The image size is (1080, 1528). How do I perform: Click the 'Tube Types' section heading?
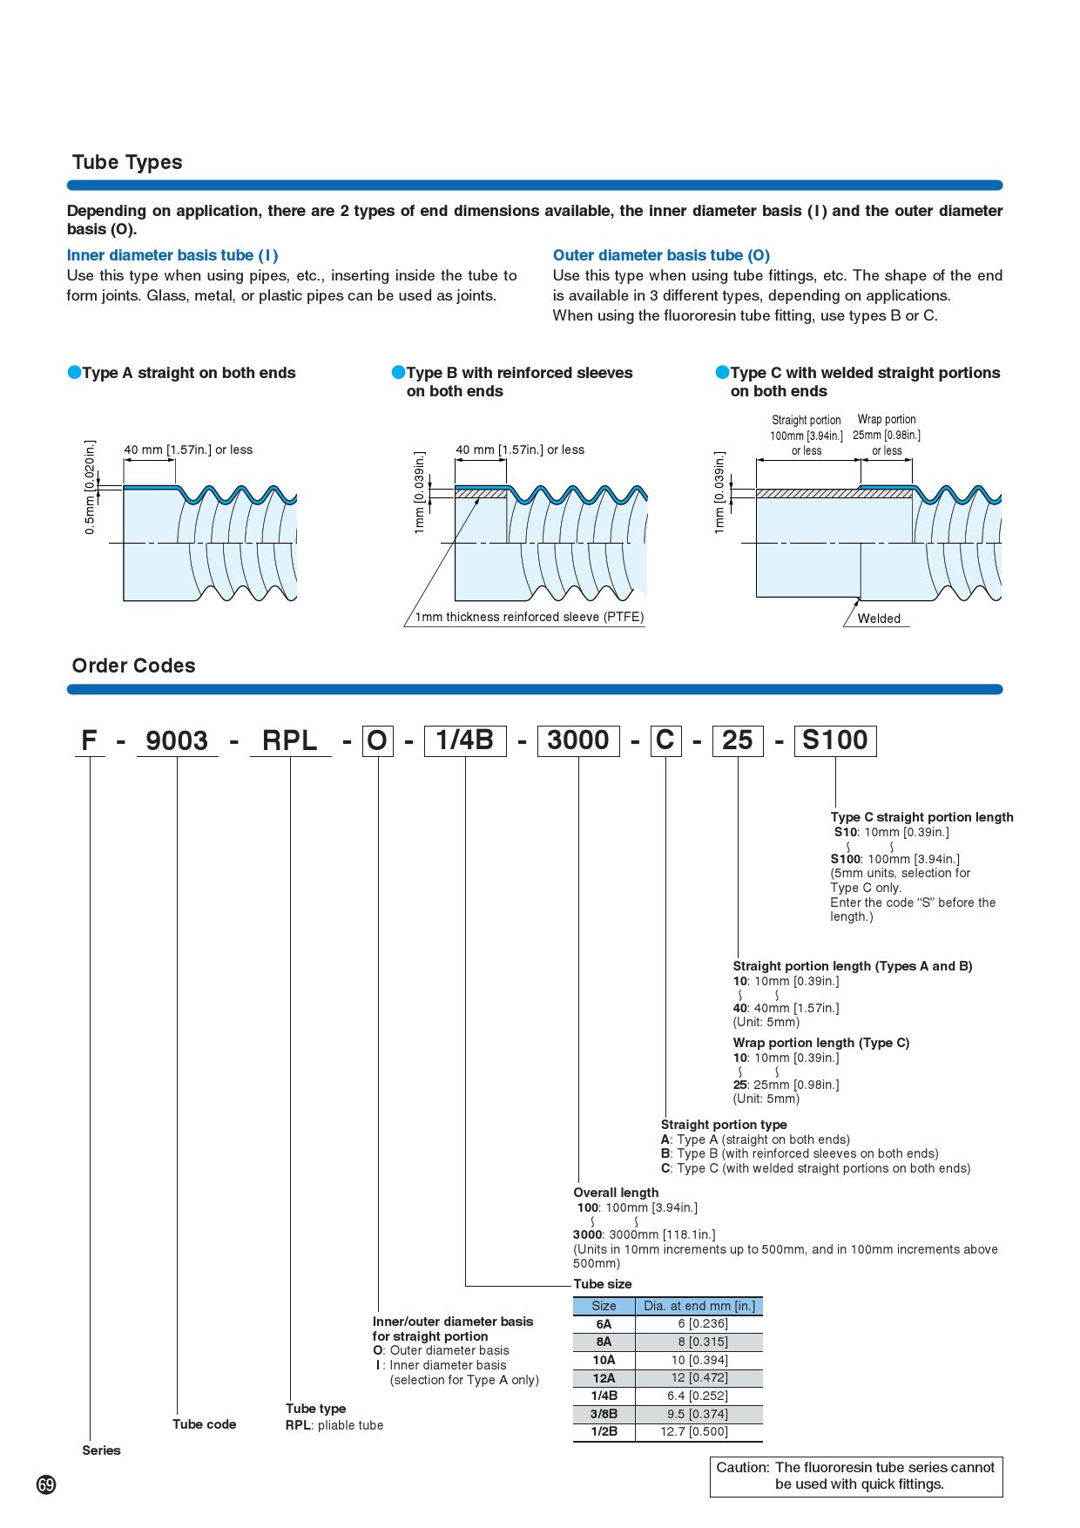coord(127,162)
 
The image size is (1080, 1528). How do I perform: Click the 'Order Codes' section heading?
coord(133,666)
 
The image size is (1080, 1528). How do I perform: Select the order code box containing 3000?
coord(577,740)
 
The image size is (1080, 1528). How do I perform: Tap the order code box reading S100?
coord(834,740)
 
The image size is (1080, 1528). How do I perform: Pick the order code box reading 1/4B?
coord(464,740)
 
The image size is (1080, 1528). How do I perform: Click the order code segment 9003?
coord(177,740)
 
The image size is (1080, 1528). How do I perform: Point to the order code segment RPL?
coord(290,740)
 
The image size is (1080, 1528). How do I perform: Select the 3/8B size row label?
coord(604,1414)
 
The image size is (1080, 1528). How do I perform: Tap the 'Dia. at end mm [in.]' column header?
coord(699,1306)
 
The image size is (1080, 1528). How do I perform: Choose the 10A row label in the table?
coord(604,1360)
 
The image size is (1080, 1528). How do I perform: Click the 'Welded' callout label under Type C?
coord(879,619)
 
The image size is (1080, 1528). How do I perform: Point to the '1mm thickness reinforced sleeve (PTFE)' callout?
coord(529,617)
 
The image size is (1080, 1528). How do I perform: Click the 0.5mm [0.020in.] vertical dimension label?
coord(90,488)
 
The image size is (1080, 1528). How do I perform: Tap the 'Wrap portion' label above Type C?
coord(887,419)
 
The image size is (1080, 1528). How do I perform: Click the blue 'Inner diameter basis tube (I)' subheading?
coord(172,255)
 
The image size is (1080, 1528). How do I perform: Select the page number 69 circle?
coord(46,1484)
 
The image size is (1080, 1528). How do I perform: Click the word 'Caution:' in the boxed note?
coord(742,1468)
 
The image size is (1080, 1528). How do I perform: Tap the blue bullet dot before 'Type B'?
coord(398,373)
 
